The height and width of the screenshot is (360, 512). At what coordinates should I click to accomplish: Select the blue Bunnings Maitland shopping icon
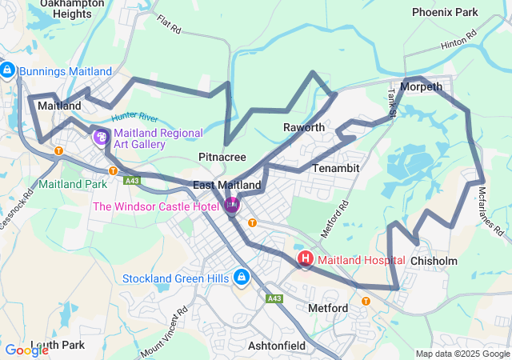coord(7,71)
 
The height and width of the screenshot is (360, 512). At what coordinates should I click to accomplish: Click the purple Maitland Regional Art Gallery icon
coord(101,138)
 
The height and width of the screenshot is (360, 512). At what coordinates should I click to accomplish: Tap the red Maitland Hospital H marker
coord(305,259)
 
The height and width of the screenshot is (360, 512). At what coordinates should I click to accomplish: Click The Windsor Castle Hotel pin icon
coord(232,206)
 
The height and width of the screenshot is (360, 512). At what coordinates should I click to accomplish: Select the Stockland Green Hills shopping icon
coord(242,278)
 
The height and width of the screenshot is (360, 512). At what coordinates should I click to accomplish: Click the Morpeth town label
coord(421,86)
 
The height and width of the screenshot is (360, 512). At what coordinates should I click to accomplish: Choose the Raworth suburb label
coord(304,127)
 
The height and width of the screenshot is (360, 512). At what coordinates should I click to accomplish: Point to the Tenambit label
coord(336,168)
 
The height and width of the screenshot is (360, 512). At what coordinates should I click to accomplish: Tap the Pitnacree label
coord(222,156)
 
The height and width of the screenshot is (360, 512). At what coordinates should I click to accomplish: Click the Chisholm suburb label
coord(434,261)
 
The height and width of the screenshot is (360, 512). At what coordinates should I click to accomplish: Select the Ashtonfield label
coord(277,346)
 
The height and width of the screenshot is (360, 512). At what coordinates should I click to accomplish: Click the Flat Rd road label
coord(170,25)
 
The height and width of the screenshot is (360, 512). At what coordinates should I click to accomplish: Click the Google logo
coord(26,350)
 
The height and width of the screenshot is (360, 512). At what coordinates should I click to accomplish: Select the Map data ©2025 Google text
coord(463,354)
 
